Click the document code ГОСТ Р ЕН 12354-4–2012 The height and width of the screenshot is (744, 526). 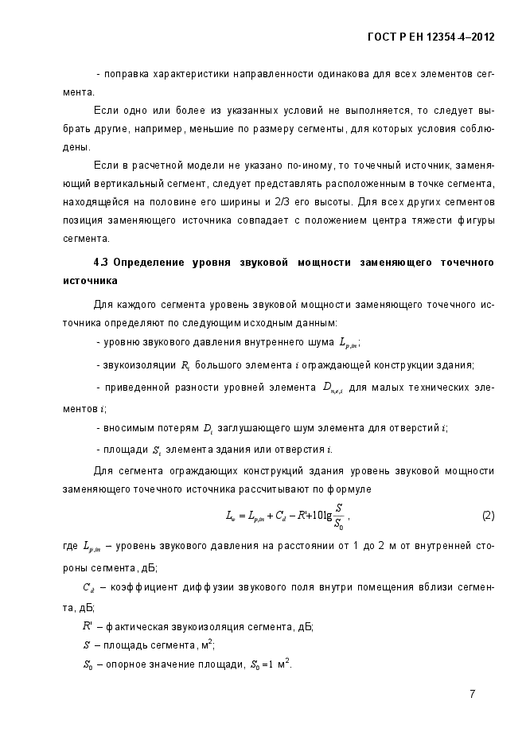431,37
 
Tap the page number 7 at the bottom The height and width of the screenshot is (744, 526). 472,694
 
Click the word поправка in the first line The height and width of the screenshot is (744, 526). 126,74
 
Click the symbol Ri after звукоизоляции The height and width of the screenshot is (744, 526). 185,365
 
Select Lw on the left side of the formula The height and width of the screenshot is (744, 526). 232,516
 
